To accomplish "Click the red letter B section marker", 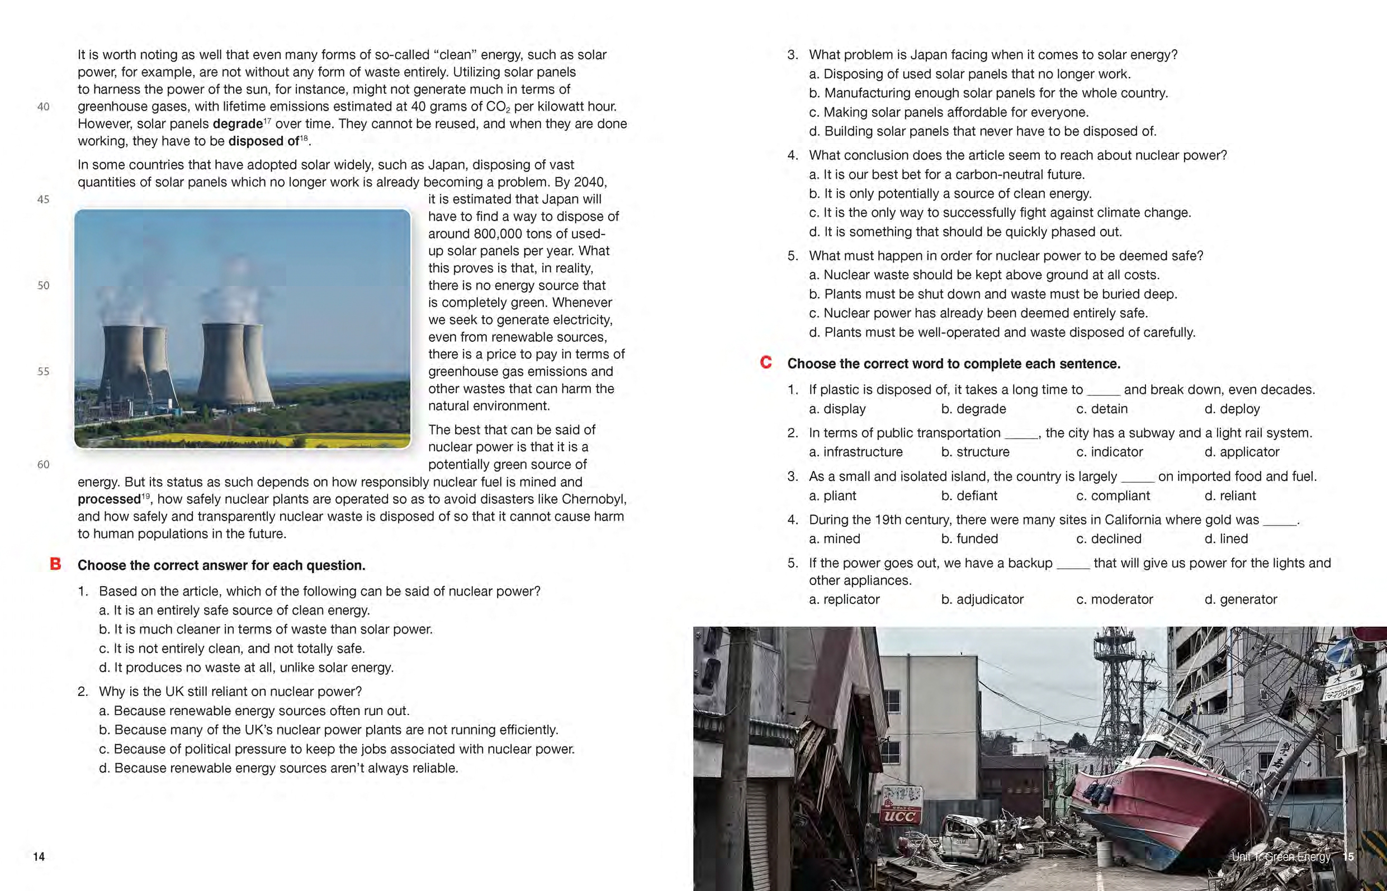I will point(55,564).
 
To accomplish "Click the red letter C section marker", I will point(765,363).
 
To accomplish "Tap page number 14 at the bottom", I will point(39,857).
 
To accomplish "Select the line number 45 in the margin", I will point(44,199).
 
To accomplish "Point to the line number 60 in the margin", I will point(44,465).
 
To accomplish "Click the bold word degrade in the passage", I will point(238,124).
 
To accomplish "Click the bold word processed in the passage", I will point(109,499).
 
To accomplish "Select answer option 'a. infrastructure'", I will point(855,452).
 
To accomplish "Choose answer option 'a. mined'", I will point(835,539).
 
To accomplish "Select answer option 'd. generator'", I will point(1241,599).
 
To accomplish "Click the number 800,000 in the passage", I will point(501,234).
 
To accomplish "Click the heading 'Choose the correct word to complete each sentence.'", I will point(953,364).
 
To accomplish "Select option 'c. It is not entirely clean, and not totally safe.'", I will point(232,649).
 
